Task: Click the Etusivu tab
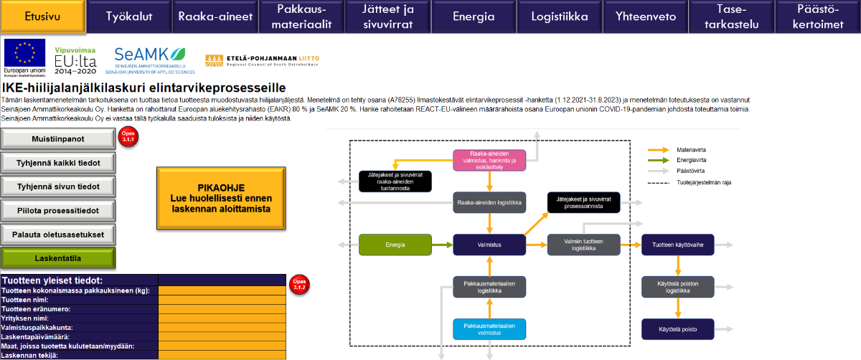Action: pyautogui.click(x=42, y=16)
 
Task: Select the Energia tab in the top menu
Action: pyautogui.click(x=474, y=16)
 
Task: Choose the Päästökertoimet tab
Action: pyautogui.click(x=819, y=16)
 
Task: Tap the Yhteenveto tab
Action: pyautogui.click(x=644, y=16)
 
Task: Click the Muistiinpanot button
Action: pyautogui.click(x=58, y=138)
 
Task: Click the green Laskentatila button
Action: pyautogui.click(x=58, y=258)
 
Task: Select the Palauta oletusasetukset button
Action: pyautogui.click(x=58, y=235)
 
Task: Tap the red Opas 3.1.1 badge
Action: pyautogui.click(x=128, y=136)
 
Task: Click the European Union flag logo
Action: pyautogui.click(x=24, y=55)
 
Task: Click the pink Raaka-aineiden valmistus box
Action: pyautogui.click(x=489, y=161)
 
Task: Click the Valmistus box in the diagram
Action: pyautogui.click(x=489, y=245)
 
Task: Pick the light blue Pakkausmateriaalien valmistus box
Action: pyautogui.click(x=489, y=329)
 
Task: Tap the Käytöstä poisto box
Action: pyautogui.click(x=677, y=329)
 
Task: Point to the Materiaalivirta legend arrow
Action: pyautogui.click(x=658, y=150)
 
